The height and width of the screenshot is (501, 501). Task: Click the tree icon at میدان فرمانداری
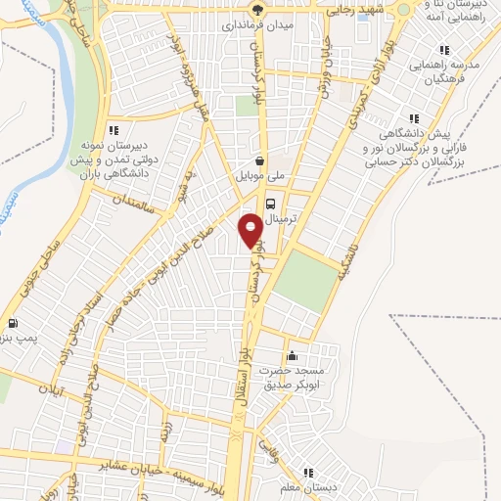point(255,12)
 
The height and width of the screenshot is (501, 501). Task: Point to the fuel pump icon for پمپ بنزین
point(12,324)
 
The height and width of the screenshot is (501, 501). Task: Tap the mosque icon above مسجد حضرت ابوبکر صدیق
point(291,356)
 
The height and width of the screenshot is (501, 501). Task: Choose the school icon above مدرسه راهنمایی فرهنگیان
point(444,50)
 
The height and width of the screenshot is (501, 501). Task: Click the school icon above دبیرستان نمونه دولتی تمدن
point(114,128)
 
